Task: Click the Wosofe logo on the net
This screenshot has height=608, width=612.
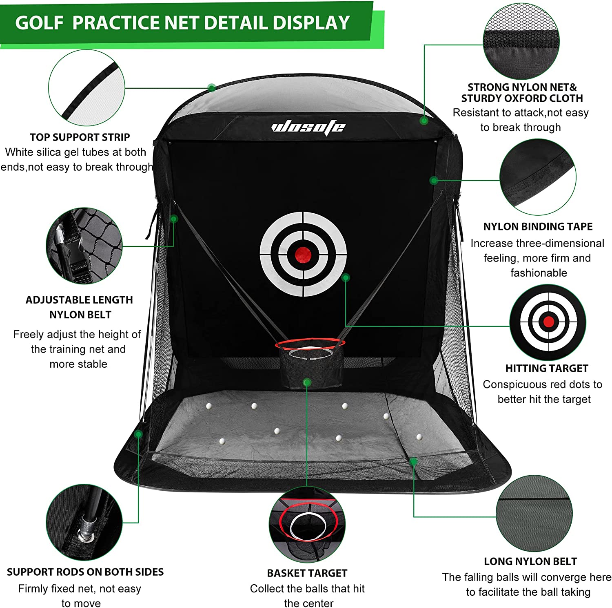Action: coord(308,127)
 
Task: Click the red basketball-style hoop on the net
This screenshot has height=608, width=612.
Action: coord(310,343)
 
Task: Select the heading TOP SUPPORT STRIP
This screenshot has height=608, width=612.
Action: coord(80,137)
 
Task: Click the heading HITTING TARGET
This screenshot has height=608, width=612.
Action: coord(547,368)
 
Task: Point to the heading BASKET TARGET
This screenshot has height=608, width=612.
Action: coord(307,573)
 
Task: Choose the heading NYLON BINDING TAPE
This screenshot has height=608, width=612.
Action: coord(538,227)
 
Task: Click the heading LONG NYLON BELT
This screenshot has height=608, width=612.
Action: coord(530,561)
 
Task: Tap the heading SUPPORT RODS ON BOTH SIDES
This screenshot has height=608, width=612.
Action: coord(85,572)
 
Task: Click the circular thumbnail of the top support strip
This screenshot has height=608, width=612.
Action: coord(86,88)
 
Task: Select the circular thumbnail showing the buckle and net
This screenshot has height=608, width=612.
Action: coord(84,246)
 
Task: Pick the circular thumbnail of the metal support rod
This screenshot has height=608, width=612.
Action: coord(84,522)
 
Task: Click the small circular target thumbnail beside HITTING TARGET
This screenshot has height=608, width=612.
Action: coord(548,322)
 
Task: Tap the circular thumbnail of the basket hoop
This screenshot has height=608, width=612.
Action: coord(307,524)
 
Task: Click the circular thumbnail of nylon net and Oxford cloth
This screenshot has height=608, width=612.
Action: coord(521,41)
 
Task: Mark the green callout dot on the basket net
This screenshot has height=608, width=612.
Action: coord(307,382)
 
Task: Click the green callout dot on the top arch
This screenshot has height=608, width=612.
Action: coord(211,87)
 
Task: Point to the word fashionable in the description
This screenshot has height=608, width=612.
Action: coord(539,273)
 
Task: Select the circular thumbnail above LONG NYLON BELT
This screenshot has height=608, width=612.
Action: coord(534,513)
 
